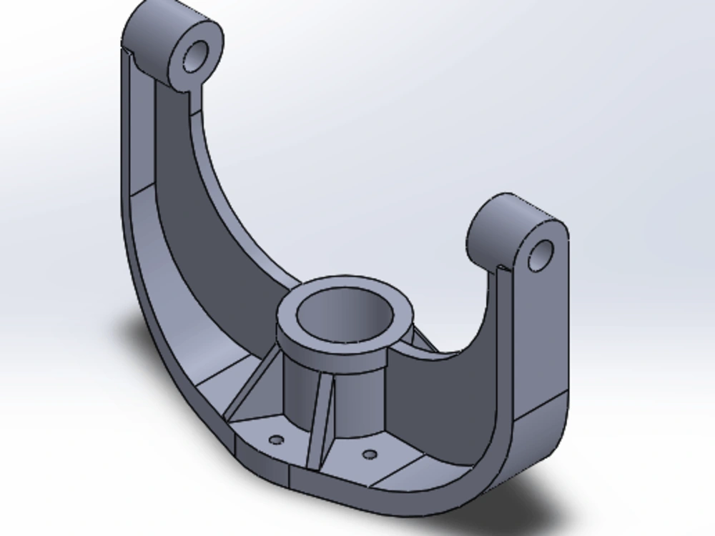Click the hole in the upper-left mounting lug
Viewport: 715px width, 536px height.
click(x=196, y=54)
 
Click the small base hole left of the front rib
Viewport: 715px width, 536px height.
click(x=278, y=437)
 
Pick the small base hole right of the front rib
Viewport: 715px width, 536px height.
click(x=369, y=454)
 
